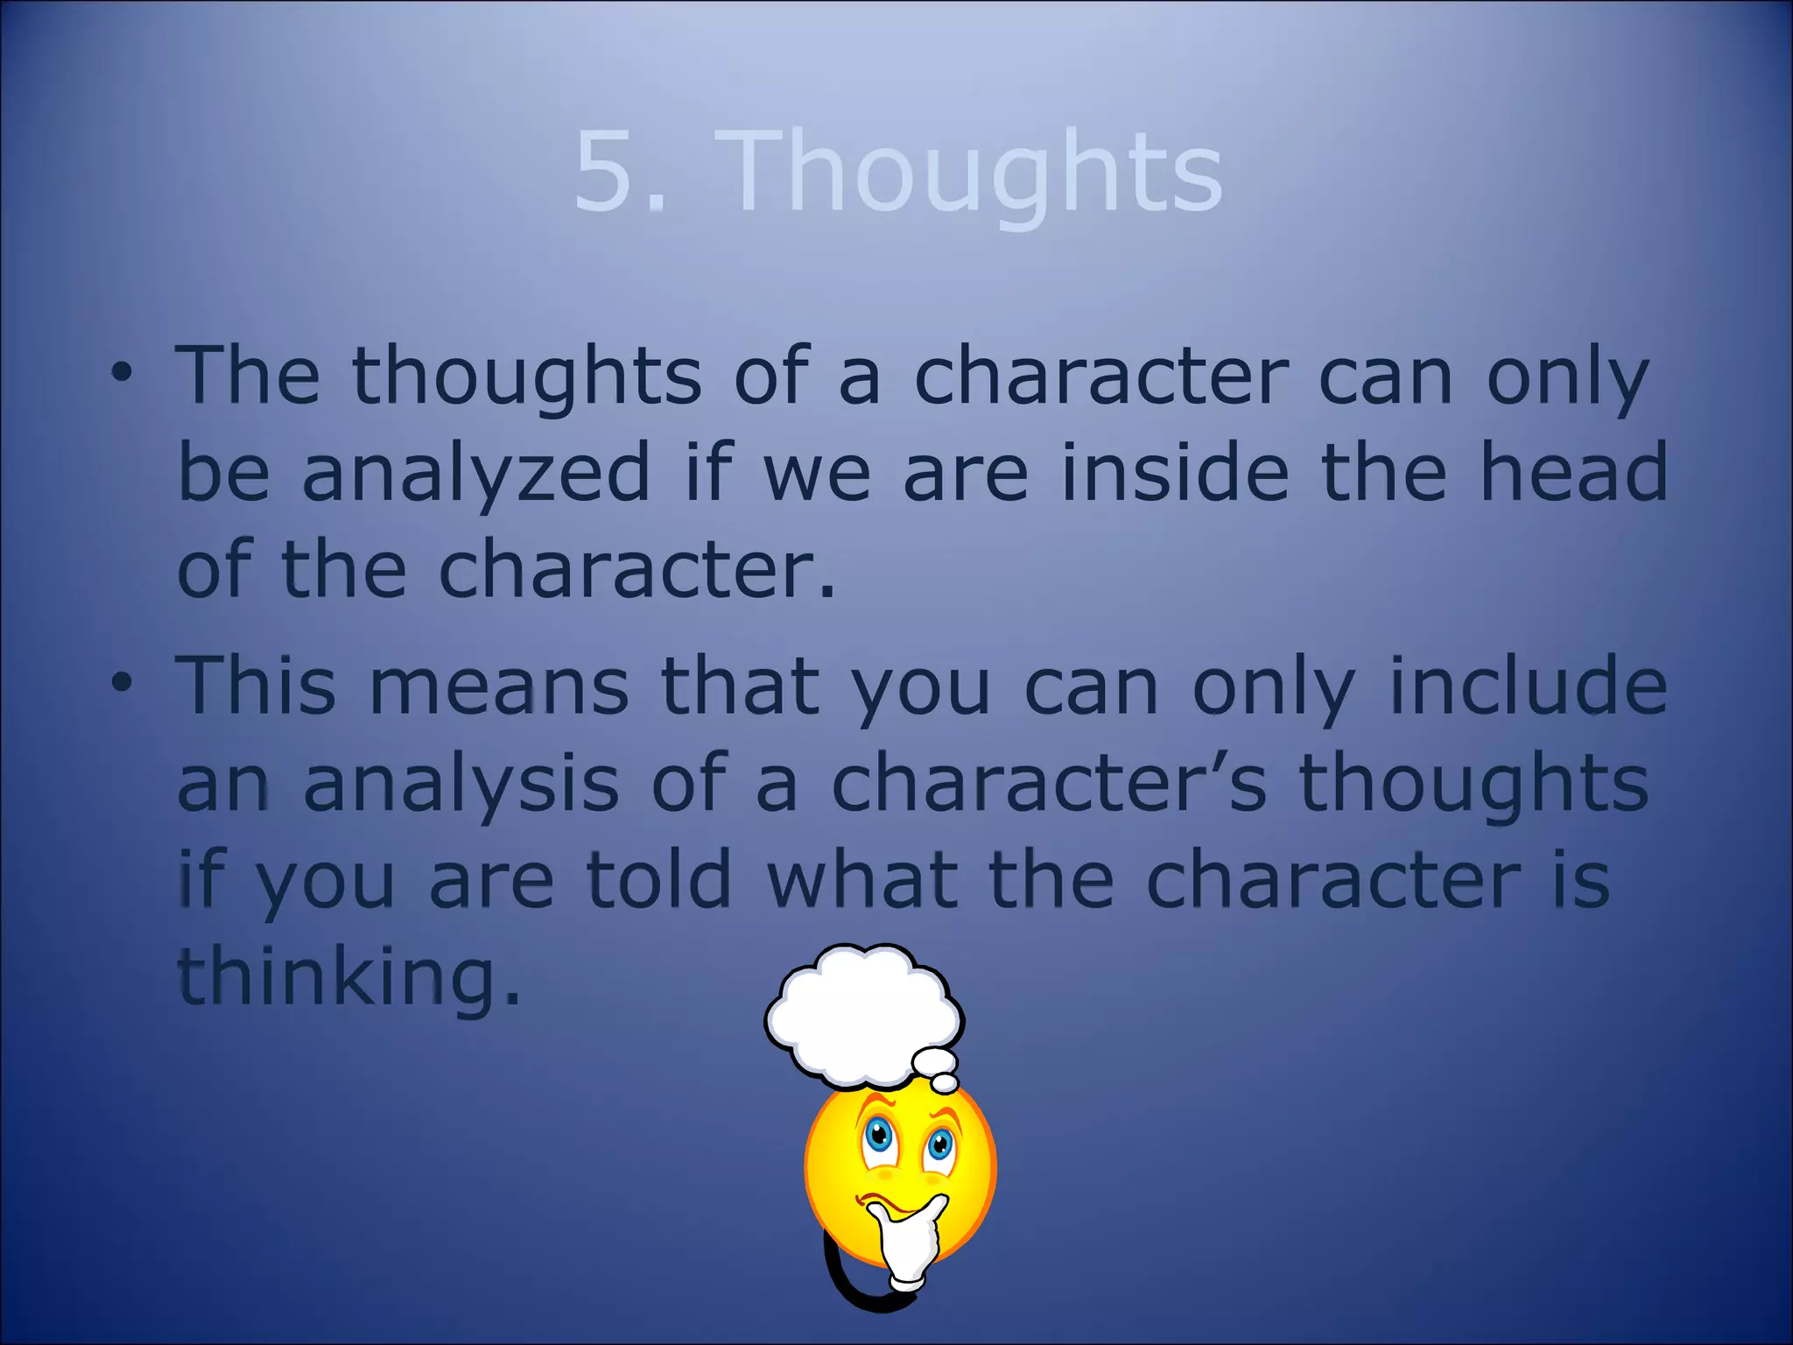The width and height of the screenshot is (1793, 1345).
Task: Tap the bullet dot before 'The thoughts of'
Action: (x=122, y=374)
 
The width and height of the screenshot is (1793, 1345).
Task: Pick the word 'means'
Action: (x=498, y=687)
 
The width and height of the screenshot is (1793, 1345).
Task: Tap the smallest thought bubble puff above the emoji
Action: (x=945, y=1084)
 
